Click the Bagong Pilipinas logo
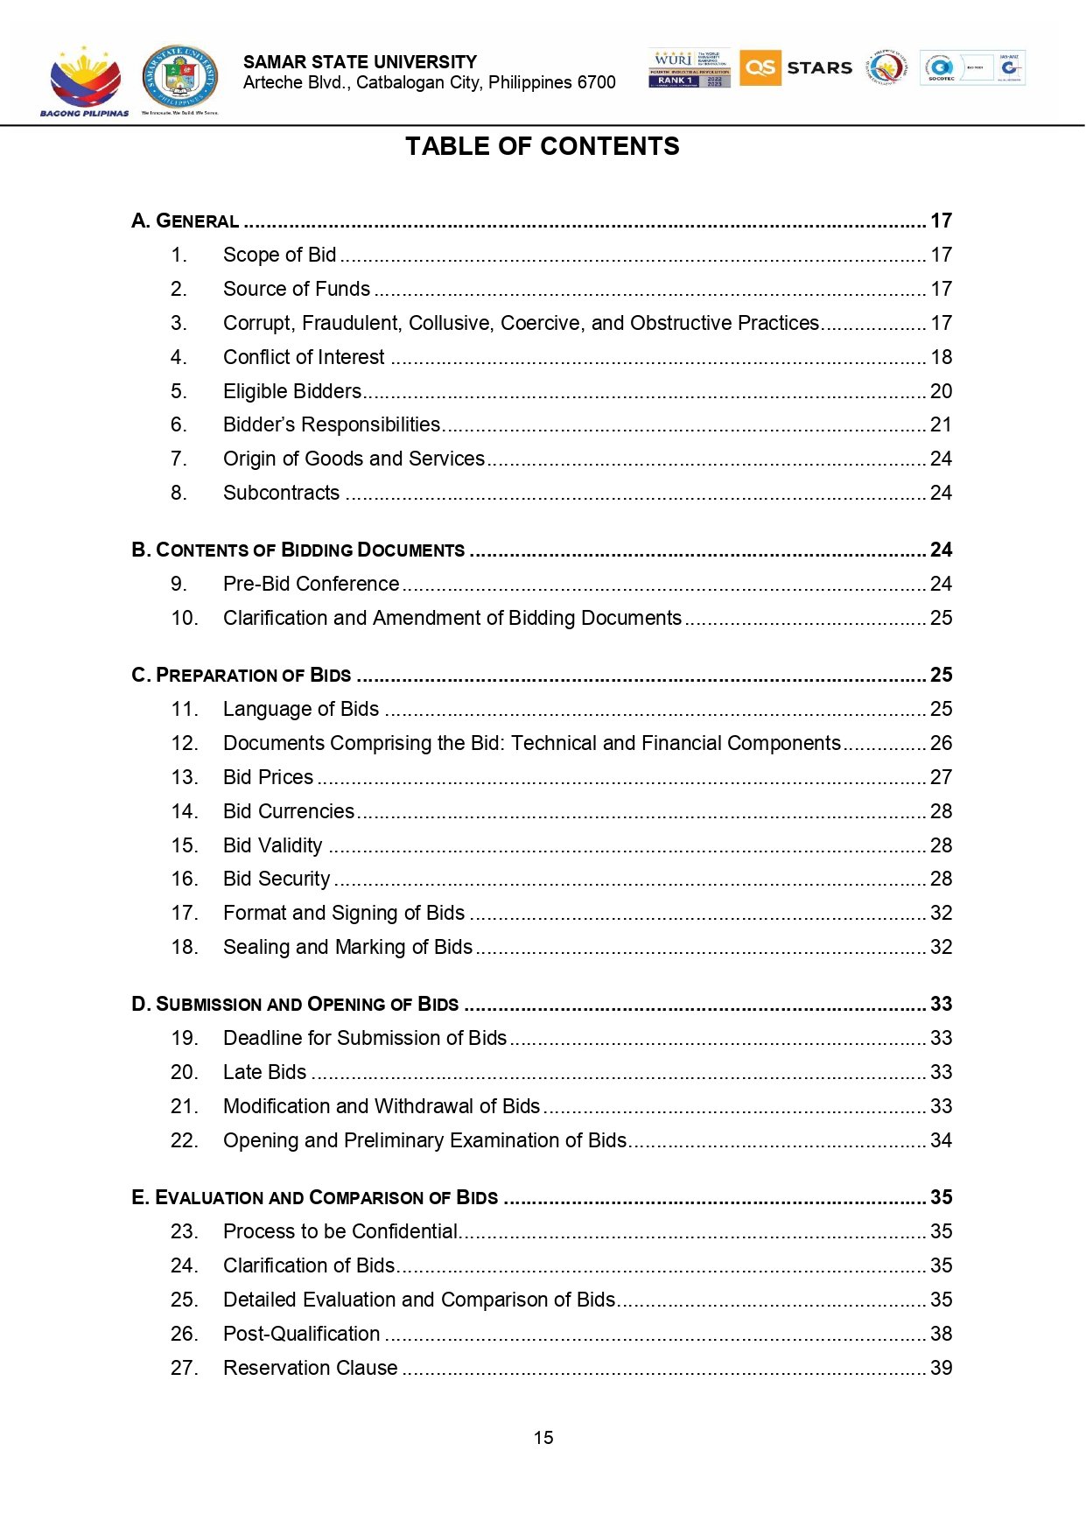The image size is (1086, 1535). pos(85,81)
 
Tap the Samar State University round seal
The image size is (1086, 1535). pos(180,79)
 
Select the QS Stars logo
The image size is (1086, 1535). pos(795,67)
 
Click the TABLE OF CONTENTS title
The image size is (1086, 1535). pos(542,146)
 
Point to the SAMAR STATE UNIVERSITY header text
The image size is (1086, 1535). pos(360,62)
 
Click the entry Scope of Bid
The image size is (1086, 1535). pos(279,255)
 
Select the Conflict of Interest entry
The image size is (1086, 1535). pos(303,357)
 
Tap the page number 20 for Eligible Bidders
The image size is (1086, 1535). pos(941,391)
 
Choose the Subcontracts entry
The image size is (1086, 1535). pos(281,493)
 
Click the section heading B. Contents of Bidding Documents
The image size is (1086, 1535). pos(298,550)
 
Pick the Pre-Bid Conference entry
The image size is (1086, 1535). pos(311,584)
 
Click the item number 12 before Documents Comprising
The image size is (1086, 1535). pos(185,743)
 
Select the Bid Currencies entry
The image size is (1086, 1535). pos(288,811)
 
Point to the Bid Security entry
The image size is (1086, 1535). pos(277,879)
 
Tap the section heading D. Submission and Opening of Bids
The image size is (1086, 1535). pos(295,1004)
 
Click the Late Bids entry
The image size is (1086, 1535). pos(264,1072)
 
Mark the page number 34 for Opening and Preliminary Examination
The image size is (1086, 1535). pos(941,1140)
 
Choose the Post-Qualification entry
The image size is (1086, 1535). pos(301,1334)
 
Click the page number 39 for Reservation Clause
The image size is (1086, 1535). pos(941,1368)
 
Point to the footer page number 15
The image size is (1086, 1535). pos(543,1438)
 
